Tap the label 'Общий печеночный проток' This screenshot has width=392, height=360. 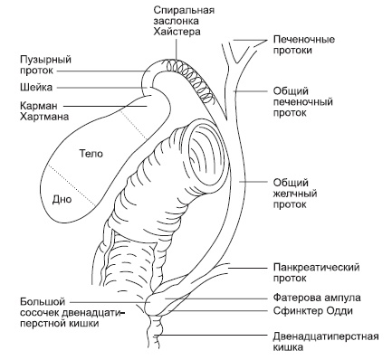[302, 104]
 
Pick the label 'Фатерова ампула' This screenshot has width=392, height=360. [316, 297]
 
